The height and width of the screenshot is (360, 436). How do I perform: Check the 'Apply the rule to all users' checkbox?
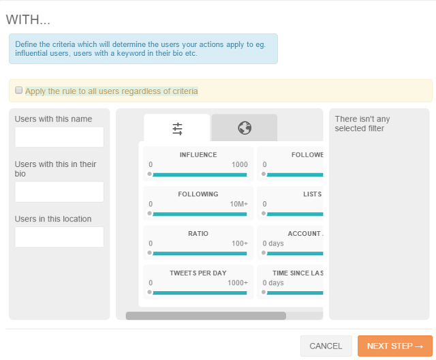click(x=19, y=90)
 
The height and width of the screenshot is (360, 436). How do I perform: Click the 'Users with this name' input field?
click(x=59, y=137)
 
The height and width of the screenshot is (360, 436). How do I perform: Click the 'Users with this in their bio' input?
click(x=59, y=192)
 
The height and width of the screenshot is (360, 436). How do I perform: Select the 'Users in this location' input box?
click(x=59, y=237)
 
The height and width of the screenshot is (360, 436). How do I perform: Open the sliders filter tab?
click(x=177, y=127)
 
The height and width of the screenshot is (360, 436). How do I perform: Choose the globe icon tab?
click(x=245, y=127)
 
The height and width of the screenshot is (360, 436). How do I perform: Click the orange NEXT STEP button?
click(x=394, y=346)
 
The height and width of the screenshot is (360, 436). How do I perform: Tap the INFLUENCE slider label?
click(x=198, y=155)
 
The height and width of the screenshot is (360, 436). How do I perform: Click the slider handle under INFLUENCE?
click(x=149, y=175)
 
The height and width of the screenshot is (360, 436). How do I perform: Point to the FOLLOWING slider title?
click(x=198, y=194)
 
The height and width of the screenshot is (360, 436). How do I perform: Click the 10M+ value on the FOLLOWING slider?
click(x=238, y=204)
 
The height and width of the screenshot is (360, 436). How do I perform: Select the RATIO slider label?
click(x=198, y=234)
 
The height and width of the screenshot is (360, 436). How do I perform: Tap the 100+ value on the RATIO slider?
click(x=240, y=243)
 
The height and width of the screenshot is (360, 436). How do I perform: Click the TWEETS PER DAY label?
click(x=198, y=273)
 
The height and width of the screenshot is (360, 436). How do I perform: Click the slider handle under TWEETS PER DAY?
click(x=149, y=292)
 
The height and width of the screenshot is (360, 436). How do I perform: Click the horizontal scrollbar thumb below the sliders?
click(x=206, y=316)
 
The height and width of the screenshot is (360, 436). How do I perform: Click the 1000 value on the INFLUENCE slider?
click(x=240, y=164)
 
